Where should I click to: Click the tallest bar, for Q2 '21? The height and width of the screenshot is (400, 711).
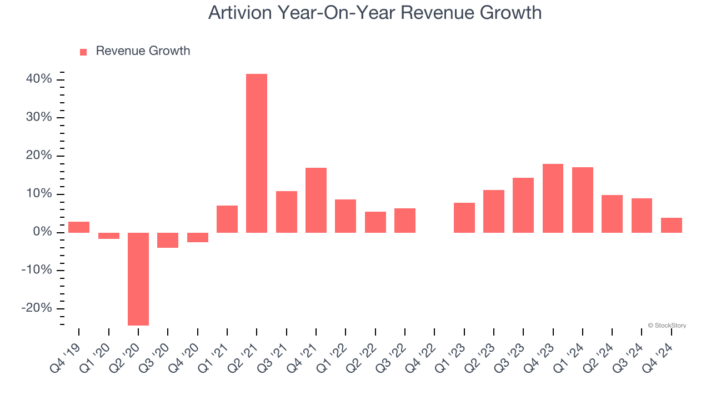click(257, 153)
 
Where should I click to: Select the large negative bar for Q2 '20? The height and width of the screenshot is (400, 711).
click(138, 279)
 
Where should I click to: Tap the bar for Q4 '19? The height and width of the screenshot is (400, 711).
click(79, 227)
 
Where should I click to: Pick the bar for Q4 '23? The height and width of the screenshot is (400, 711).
click(553, 198)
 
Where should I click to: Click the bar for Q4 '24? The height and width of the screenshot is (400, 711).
click(672, 225)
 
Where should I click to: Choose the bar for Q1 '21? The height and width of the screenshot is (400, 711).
click(227, 219)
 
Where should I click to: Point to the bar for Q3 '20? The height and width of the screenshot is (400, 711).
click(168, 240)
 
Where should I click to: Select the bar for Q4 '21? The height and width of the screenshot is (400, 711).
click(316, 200)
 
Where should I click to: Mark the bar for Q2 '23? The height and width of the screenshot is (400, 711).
click(494, 211)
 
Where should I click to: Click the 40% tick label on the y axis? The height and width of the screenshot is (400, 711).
click(39, 79)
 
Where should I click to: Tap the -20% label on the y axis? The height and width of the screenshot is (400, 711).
click(37, 308)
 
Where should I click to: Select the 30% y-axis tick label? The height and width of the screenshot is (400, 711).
click(39, 118)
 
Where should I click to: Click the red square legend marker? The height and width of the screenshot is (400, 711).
click(83, 52)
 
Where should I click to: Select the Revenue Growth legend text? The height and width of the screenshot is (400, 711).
click(143, 51)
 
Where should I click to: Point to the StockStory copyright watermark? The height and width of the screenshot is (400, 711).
click(667, 326)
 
